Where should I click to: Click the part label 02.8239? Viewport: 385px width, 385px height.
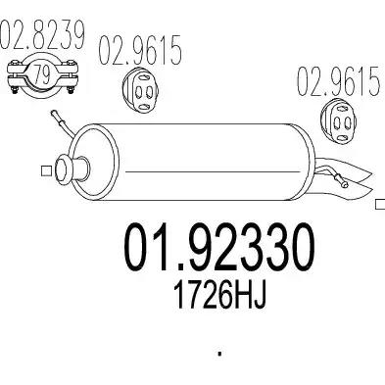pos(42,40)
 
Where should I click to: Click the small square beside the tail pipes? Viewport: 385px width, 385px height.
pos(379,207)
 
